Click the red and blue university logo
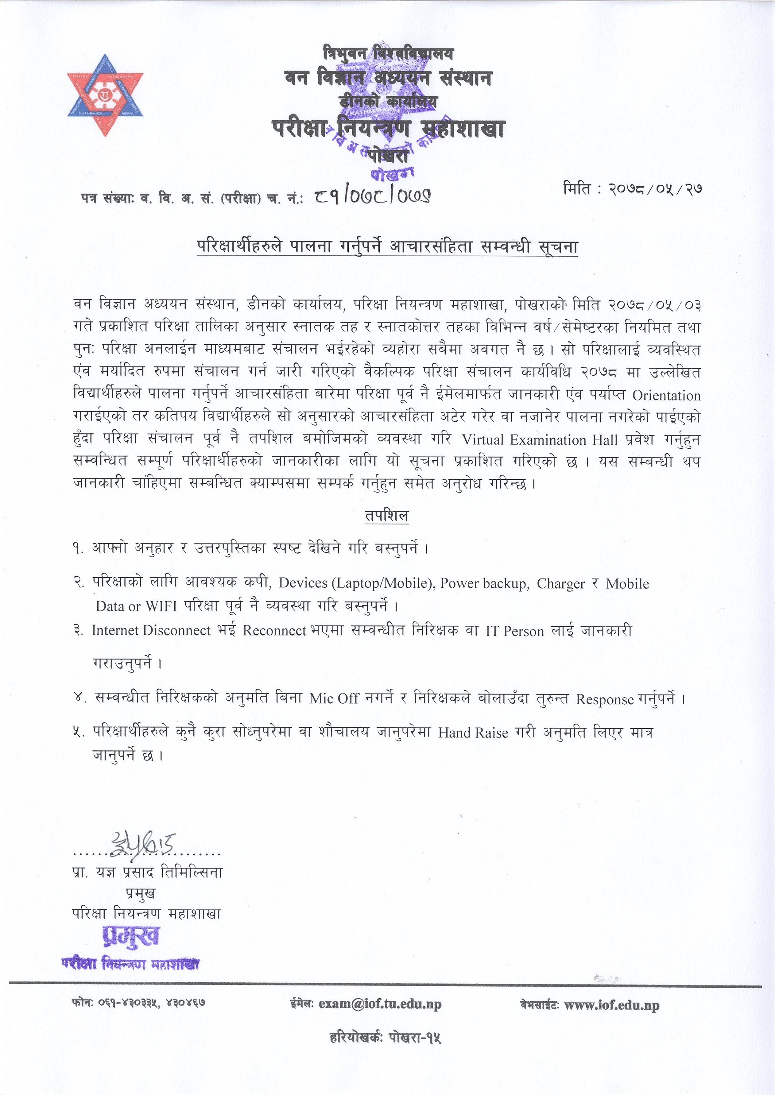(x=105, y=95)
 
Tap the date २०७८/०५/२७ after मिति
(x=655, y=189)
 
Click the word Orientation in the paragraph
(x=666, y=396)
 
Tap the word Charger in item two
(x=561, y=584)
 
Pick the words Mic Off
(x=334, y=699)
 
